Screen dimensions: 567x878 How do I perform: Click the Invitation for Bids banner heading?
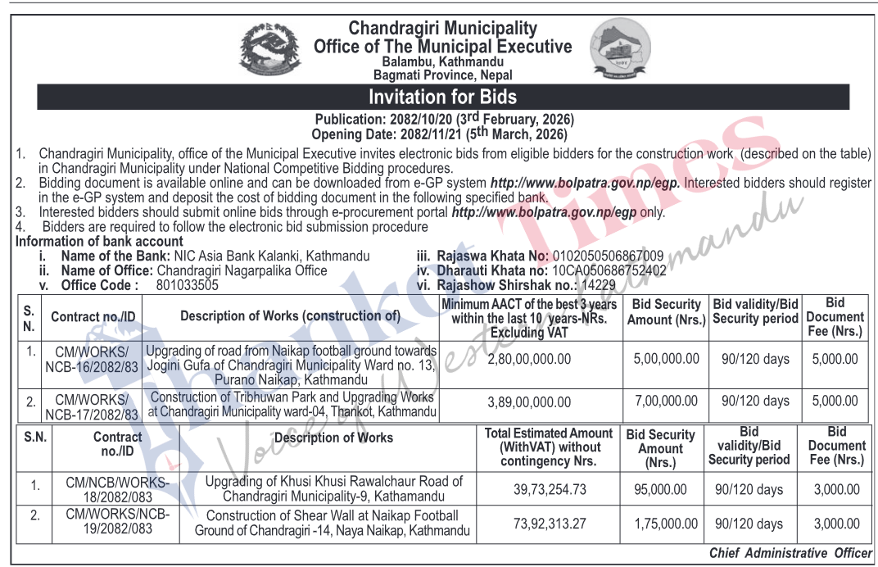[x=442, y=97]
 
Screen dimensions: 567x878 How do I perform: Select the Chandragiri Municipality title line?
[x=442, y=29]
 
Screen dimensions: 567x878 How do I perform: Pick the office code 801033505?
[x=187, y=285]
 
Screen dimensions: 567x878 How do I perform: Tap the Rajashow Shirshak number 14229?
[x=597, y=285]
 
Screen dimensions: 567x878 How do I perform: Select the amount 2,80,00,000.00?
[x=529, y=359]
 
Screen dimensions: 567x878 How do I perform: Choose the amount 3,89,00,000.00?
[x=529, y=401]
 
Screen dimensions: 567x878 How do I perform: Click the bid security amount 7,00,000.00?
[x=666, y=401]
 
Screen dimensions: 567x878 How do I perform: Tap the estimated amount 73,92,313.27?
[x=547, y=524]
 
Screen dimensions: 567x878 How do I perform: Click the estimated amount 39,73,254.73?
[x=547, y=489]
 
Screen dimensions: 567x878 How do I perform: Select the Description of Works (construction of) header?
[x=290, y=316]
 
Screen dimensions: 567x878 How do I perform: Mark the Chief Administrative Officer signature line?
[x=790, y=553]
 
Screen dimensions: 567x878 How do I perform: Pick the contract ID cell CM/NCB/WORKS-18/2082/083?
[x=117, y=489]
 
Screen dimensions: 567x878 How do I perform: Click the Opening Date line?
[x=439, y=134]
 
